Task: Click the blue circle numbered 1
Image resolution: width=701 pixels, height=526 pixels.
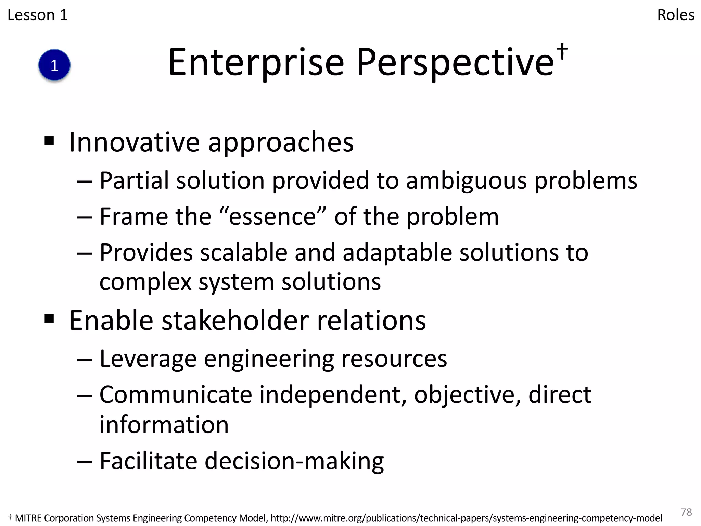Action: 54,65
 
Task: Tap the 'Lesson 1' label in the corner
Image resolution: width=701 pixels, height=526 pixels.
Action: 38,15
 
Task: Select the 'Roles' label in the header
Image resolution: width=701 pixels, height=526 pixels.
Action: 676,15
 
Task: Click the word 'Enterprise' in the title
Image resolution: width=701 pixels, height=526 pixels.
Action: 256,63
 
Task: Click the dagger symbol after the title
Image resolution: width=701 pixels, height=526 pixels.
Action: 562,52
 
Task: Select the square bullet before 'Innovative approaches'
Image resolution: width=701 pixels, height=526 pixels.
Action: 49,140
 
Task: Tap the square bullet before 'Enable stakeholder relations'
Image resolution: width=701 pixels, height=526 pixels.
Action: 49,319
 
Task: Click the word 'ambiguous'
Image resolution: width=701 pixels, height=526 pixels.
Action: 466,180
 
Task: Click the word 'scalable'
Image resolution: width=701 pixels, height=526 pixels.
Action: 243,253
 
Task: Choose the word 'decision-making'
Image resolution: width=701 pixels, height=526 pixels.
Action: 294,461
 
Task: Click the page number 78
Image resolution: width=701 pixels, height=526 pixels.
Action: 686,512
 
